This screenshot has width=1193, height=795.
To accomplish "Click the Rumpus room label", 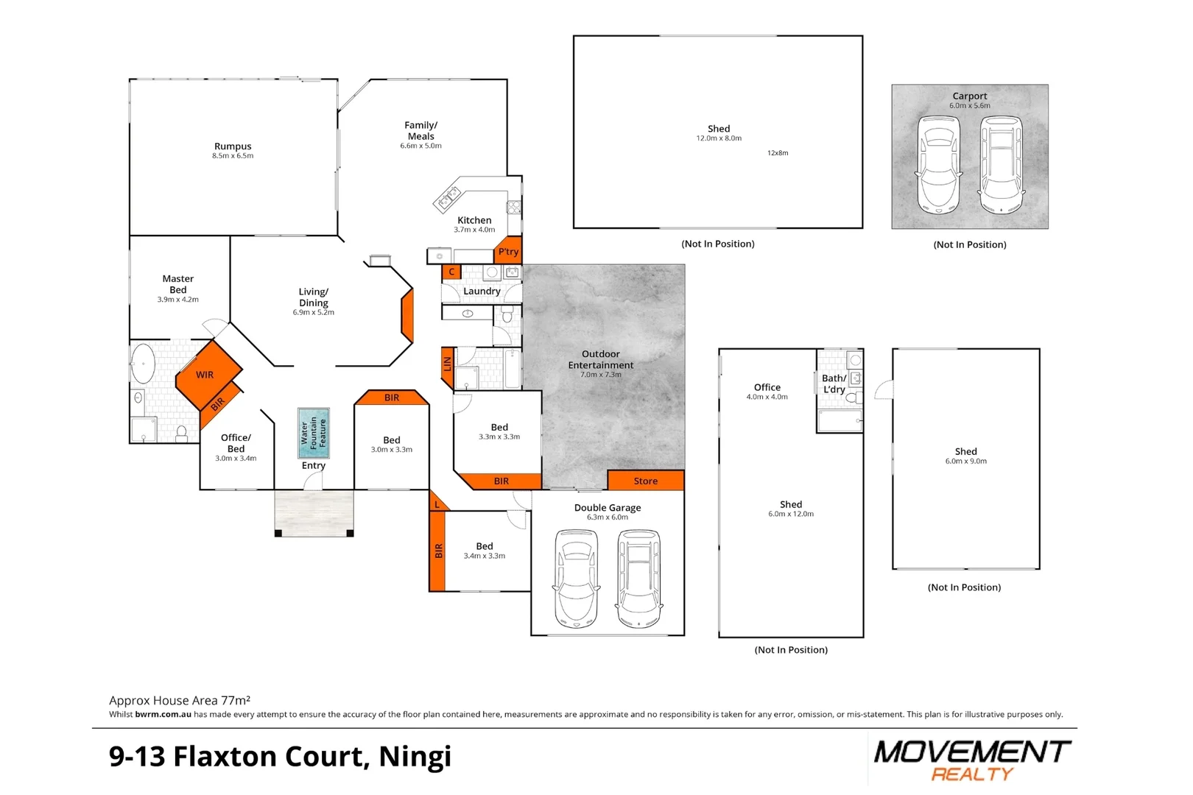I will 233,146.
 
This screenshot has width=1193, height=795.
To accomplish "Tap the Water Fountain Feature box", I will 313,434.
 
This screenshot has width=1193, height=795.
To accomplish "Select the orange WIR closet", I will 206,375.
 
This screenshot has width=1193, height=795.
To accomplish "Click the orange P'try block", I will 508,251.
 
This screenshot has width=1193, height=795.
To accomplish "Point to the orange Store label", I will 646,481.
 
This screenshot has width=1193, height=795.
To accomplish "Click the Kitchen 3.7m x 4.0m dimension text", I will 474,230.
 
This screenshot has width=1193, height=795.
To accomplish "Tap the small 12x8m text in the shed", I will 778,153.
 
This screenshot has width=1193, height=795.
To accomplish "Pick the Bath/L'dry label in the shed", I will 834,384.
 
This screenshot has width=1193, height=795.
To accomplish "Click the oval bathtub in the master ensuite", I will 143,364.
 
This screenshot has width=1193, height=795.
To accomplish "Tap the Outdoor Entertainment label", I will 600,359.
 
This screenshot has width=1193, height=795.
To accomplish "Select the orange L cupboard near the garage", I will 437,504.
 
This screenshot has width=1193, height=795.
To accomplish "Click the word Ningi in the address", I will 415,757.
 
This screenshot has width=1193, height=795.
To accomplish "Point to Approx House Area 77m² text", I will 180,700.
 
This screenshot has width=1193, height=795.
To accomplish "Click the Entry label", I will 313,465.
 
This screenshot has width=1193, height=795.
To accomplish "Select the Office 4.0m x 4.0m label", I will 767,391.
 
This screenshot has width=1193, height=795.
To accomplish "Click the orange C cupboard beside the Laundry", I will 451,272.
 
